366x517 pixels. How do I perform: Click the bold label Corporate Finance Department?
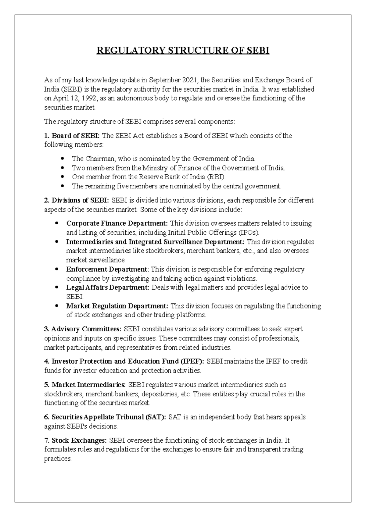[x=117, y=223]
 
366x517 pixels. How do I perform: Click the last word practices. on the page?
[x=58, y=458]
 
